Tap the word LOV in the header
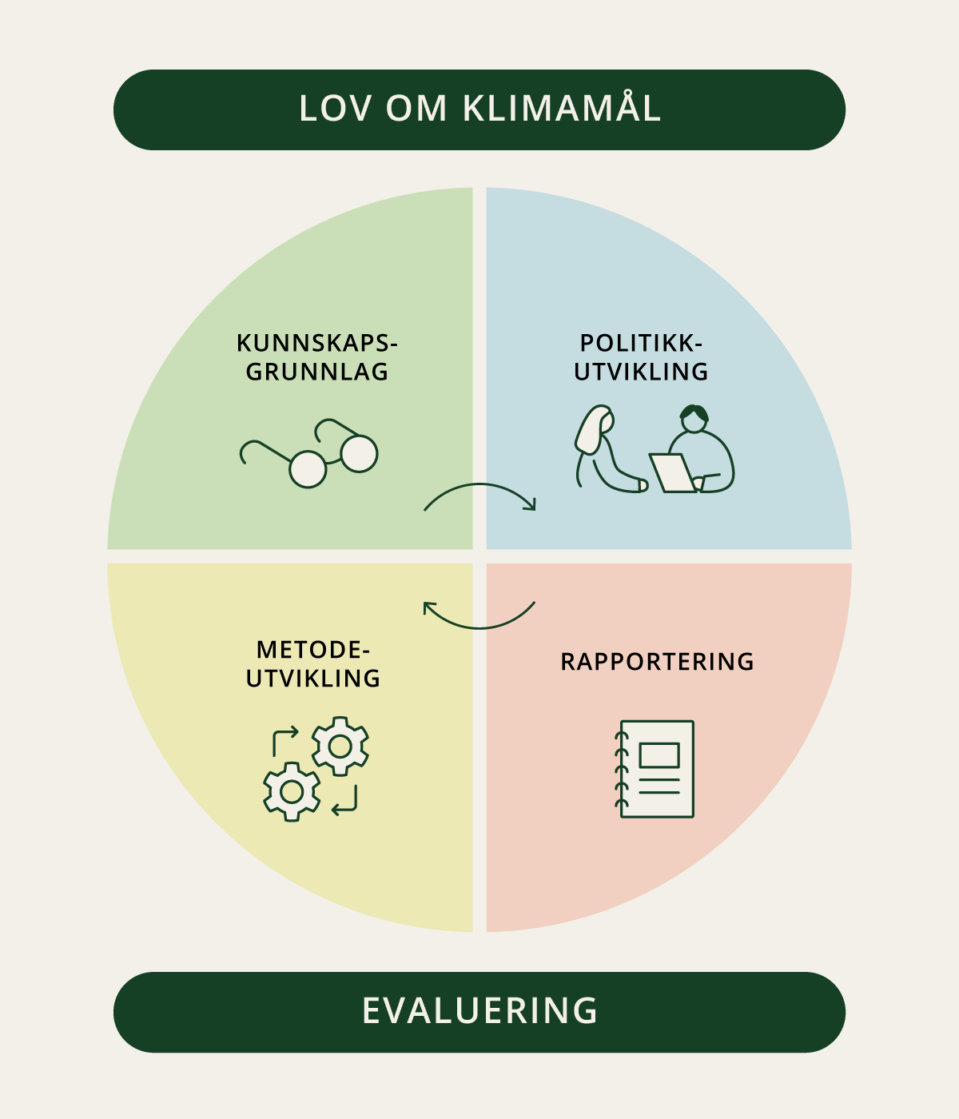(336, 108)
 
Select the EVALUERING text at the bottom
(479, 1011)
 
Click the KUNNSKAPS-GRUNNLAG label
(317, 357)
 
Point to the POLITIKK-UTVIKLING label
(641, 357)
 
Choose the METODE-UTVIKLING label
(313, 664)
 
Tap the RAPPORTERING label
(657, 662)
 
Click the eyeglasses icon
(309, 453)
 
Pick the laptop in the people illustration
(673, 473)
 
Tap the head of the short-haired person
(694, 419)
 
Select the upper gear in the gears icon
(340, 747)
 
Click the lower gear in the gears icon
(292, 792)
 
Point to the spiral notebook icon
(655, 769)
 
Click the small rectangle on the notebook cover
(659, 755)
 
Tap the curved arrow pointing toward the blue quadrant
(479, 484)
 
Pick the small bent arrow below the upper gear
(344, 800)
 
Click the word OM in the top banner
(416, 108)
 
